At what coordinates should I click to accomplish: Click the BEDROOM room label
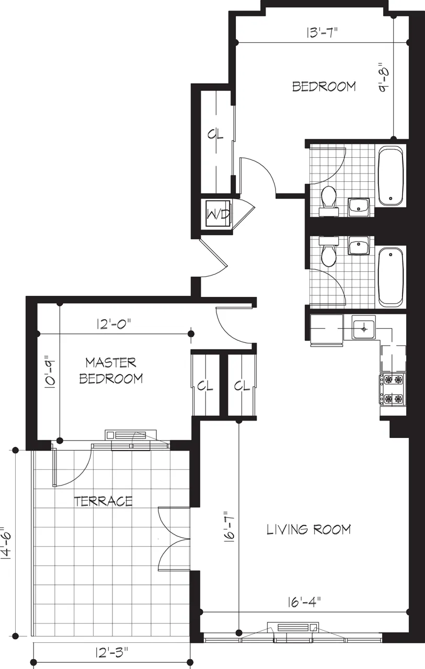pos(324,86)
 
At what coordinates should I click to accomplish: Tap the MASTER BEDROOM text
pos(111,370)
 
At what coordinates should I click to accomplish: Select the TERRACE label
pos(103,501)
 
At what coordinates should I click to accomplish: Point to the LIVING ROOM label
pos(308,529)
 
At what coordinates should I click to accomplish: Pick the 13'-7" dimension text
pos(322,32)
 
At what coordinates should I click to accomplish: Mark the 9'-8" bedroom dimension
pos(384,79)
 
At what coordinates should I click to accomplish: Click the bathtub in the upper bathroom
pos(390,176)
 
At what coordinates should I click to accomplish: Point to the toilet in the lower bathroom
pos(328,255)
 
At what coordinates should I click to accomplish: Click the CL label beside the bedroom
pos(215,134)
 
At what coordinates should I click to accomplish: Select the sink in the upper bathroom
pos(359,207)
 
